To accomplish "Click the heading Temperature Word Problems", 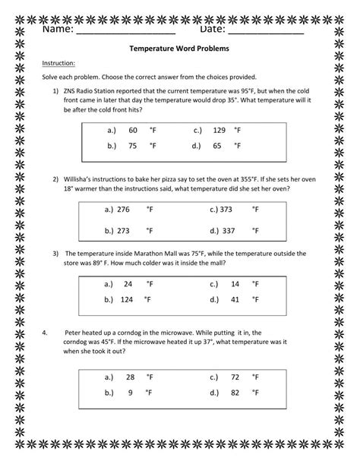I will coord(180,48).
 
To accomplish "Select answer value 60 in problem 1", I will coord(134,130).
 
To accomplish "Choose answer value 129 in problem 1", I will coord(219,130).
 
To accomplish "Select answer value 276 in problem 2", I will coord(124,208).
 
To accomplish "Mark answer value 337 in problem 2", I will coord(227,229).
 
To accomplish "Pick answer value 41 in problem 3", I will coord(234,299).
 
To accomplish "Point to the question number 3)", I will coord(55,253).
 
